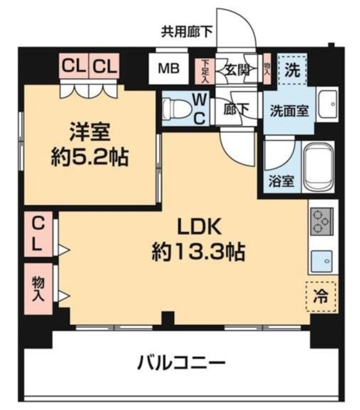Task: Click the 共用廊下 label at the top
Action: coord(186,30)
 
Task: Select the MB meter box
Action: coord(169,68)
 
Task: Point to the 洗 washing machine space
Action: coord(291,68)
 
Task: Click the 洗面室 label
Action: coord(290,109)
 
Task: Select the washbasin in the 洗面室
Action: coord(327,104)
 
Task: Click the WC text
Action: coord(199,110)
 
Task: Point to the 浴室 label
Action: coord(280,180)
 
